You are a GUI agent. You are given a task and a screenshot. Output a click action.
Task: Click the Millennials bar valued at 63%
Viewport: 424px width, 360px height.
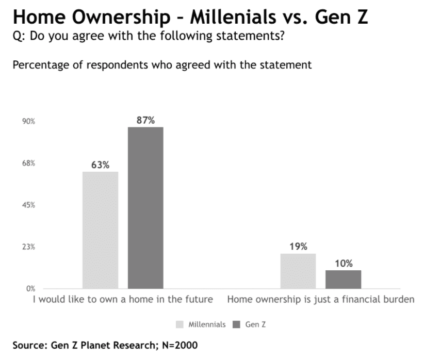point(100,230)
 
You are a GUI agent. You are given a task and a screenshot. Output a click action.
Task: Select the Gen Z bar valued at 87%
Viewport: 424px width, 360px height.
point(145,207)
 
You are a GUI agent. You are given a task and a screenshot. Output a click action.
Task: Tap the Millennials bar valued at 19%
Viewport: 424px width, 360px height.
point(298,271)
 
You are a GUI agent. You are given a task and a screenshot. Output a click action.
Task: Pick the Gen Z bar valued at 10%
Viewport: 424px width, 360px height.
point(343,279)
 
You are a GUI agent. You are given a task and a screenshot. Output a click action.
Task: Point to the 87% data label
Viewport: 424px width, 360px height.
point(145,120)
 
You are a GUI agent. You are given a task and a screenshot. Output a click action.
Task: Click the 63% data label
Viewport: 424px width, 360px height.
point(100,165)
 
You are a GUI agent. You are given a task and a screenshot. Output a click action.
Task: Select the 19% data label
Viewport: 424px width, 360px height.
point(298,247)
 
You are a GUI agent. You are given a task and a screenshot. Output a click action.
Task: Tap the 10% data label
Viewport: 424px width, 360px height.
point(344,264)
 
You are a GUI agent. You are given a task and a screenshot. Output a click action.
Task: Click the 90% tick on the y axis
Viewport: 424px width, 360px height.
point(28,122)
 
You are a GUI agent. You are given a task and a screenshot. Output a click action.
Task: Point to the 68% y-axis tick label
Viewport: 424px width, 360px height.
point(28,163)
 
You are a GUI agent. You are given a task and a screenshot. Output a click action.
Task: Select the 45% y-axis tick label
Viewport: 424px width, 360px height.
point(28,205)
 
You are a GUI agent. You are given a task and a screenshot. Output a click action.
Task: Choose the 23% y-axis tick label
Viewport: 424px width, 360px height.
point(28,247)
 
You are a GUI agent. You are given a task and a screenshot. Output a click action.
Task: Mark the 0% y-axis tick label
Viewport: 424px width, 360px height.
point(30,288)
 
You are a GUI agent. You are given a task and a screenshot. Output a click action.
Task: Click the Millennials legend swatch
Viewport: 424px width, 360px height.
point(180,324)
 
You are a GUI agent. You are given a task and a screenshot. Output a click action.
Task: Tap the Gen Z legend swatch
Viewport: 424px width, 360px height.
point(237,324)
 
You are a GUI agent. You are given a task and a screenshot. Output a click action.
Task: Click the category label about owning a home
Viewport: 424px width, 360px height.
point(122,300)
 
